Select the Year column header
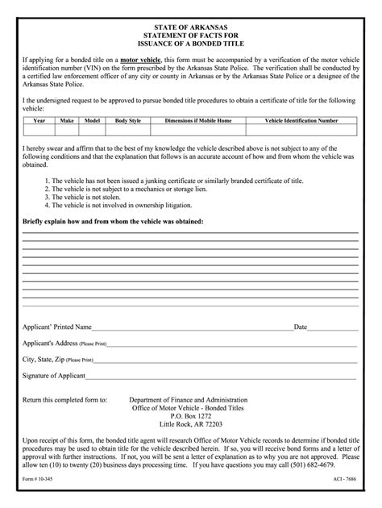(x=39, y=120)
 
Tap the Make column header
(x=67, y=120)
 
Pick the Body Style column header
(x=127, y=120)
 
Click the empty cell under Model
(x=92, y=129)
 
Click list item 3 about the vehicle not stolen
(x=86, y=197)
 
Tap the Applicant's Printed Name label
(x=56, y=328)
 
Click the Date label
(x=301, y=328)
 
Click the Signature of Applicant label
(x=54, y=376)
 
